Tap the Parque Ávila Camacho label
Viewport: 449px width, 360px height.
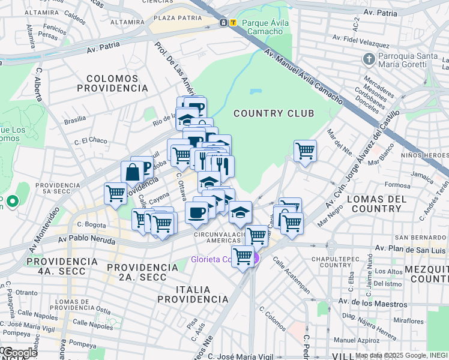pyautogui.click(x=264, y=27)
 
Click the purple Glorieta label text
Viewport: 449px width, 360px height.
pyautogui.click(x=211, y=259)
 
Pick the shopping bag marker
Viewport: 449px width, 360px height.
pyautogui.click(x=131, y=172)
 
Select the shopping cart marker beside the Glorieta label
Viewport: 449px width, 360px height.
pyautogui.click(x=243, y=256)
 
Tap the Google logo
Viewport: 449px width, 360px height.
pyautogui.click(x=20, y=353)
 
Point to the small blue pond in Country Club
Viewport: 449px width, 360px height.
pyautogui.click(x=256, y=92)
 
